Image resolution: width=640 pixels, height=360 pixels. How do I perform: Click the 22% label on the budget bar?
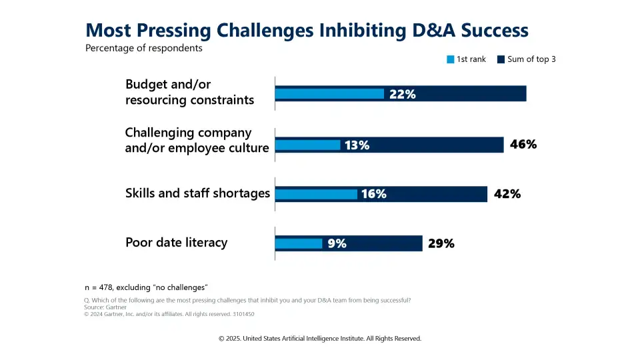402,94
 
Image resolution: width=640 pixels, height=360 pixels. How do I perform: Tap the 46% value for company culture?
523,144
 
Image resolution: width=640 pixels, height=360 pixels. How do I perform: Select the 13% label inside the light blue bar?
357,145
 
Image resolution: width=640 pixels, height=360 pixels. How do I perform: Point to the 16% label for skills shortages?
373,194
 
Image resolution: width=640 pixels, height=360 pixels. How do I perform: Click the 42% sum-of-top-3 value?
507,194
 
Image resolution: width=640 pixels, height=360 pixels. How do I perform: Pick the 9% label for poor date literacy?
337,243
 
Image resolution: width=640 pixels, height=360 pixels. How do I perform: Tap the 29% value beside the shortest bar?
441,243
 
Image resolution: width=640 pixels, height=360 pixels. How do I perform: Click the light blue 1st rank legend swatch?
450,59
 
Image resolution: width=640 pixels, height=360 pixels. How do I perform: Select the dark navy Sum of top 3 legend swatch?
501,59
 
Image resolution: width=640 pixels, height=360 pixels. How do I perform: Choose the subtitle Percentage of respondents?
143,48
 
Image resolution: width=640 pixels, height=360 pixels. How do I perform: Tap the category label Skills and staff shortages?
197,193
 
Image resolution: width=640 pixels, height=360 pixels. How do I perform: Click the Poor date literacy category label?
176,242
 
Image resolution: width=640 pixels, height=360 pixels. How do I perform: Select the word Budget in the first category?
149,85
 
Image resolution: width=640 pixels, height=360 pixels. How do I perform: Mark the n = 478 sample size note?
146,287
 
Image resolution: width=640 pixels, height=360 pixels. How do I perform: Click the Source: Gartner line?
105,307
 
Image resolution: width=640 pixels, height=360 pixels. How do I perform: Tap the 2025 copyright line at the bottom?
320,339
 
